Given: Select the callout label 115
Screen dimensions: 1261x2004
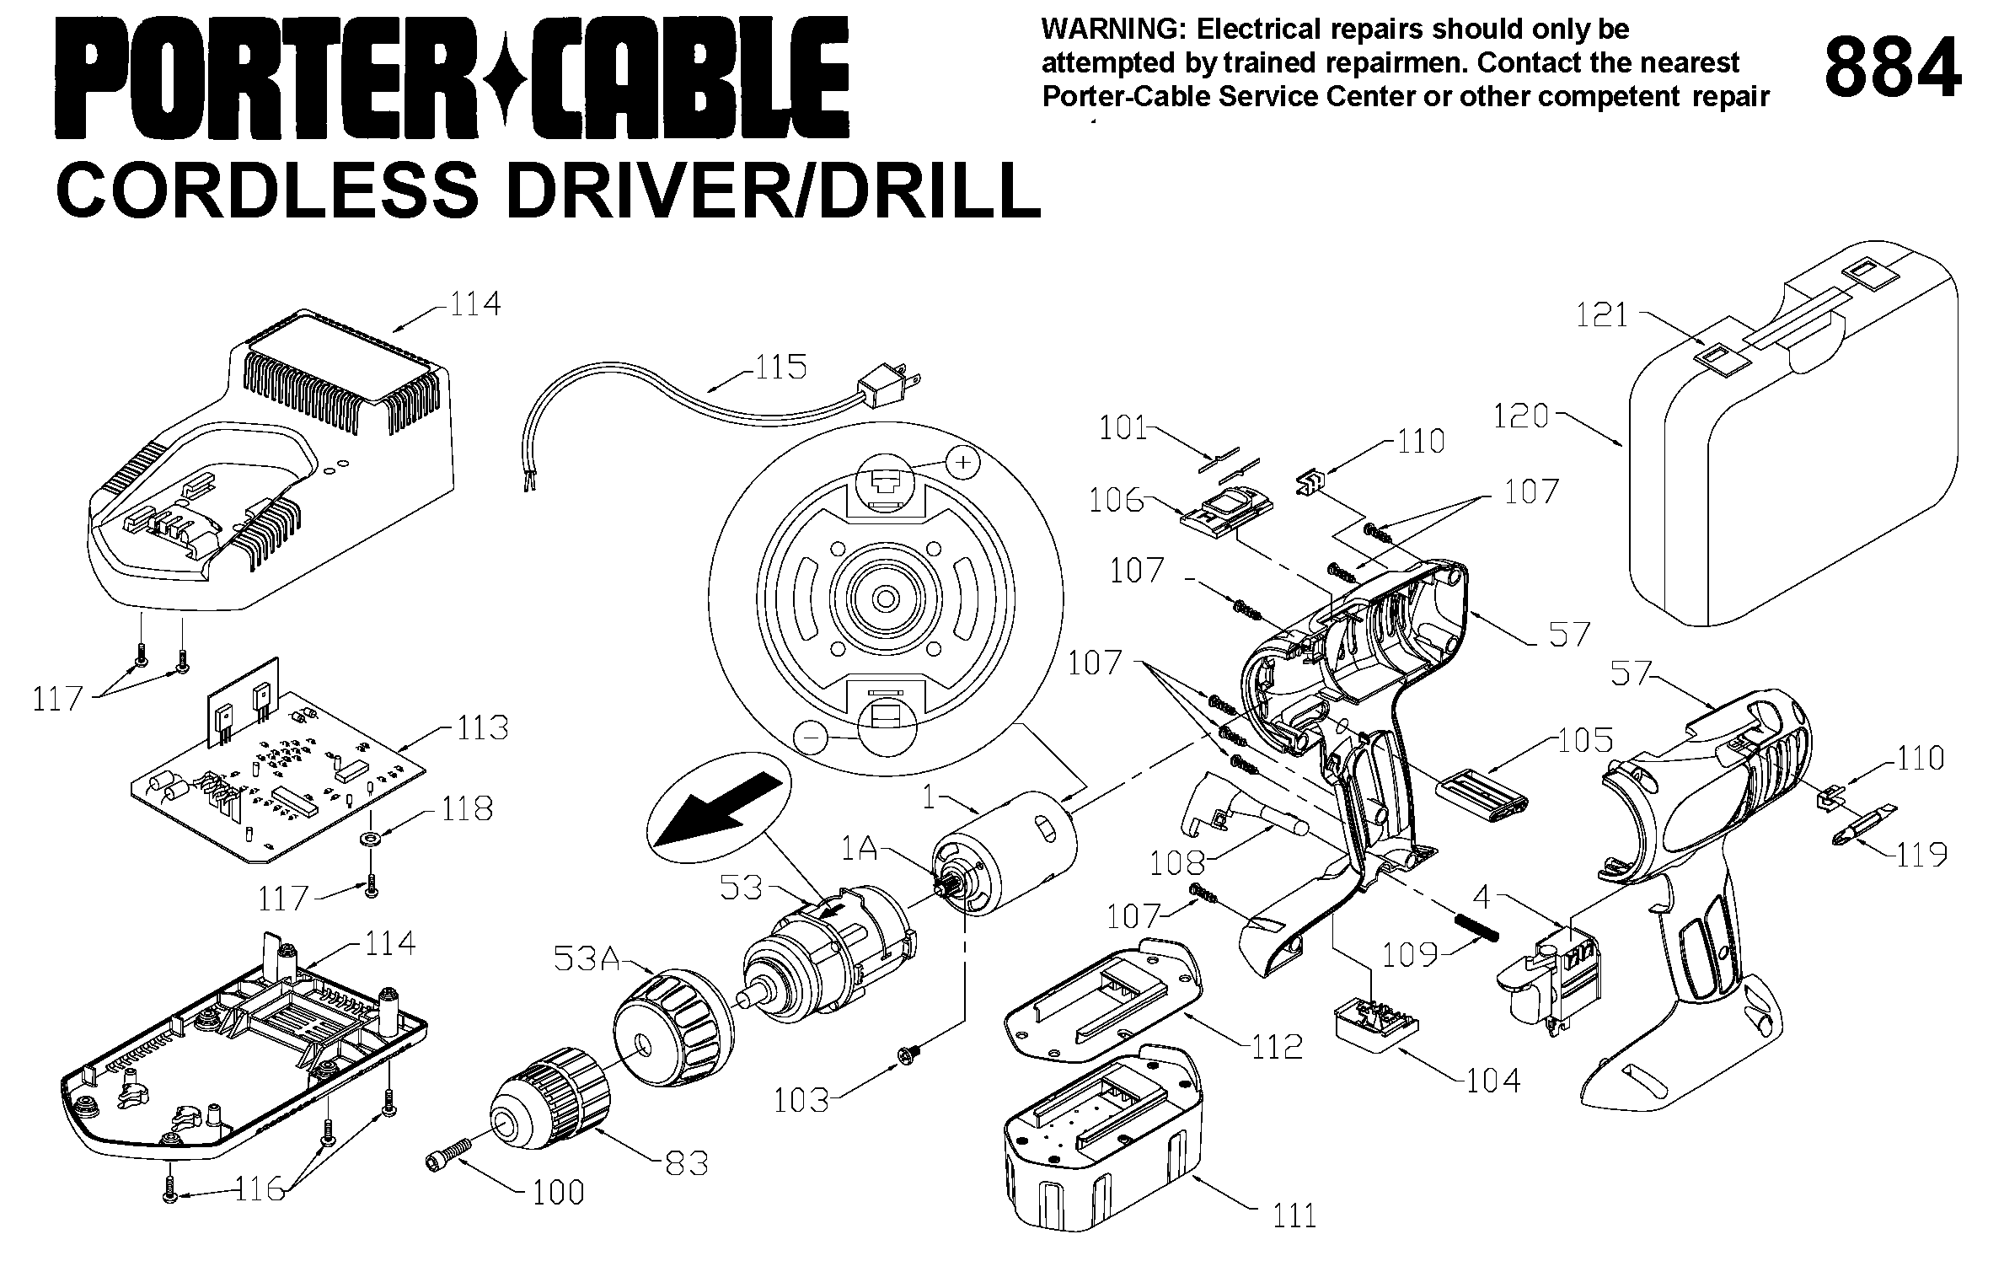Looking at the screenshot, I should (x=780, y=368).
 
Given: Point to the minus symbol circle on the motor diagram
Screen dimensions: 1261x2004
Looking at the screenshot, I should (x=811, y=738).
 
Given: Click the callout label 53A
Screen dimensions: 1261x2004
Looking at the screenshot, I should (x=587, y=958).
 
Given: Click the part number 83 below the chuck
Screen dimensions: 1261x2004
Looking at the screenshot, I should (x=687, y=1164).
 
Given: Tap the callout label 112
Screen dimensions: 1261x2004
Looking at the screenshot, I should (x=1277, y=1046).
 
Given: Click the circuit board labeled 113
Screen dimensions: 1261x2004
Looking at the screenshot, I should (x=278, y=775).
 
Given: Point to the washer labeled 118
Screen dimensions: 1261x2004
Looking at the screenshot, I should (x=370, y=840).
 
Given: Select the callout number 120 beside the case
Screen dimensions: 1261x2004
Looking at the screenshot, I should (x=1521, y=416).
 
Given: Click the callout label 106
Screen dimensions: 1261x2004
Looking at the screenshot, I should (x=1116, y=501).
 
